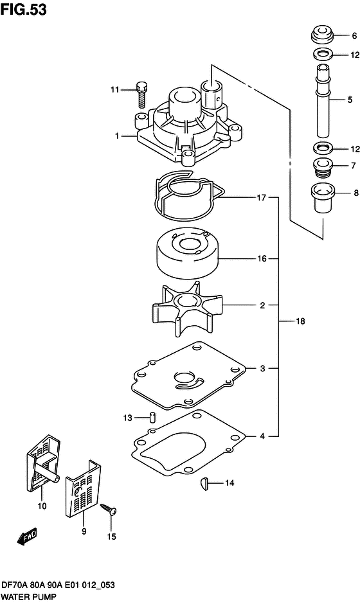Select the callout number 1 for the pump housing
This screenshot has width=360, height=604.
pyautogui.click(x=116, y=136)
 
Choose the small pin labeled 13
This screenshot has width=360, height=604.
pyautogui.click(x=153, y=417)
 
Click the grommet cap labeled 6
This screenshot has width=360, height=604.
pyautogui.click(x=322, y=35)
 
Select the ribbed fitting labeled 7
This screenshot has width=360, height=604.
pyautogui.click(x=321, y=169)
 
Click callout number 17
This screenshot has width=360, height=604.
pyautogui.click(x=262, y=199)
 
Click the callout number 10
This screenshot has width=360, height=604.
pyautogui.click(x=43, y=506)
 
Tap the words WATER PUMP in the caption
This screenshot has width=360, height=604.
pyautogui.click(x=31, y=596)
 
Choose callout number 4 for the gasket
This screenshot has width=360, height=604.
pyautogui.click(x=262, y=436)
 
